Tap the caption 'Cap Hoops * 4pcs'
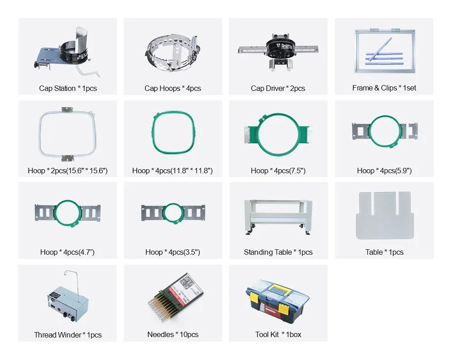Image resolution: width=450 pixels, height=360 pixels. pos(173,88)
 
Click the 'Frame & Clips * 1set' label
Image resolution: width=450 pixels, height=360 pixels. pos(384,88)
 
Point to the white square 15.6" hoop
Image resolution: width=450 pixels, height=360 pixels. pos(67,135)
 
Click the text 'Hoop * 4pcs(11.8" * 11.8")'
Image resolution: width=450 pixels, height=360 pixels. pos(172,171)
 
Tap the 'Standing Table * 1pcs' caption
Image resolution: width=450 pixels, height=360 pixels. pos(278,252)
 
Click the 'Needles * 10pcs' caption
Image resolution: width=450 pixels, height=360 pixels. pos(173,334)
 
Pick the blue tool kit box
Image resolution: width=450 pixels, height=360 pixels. pos(277,301)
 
